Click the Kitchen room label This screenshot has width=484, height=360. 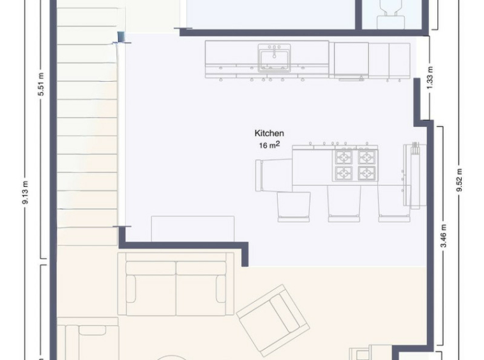(x=269, y=133)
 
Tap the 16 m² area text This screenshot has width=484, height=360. (x=269, y=145)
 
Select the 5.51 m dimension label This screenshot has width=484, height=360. (x=41, y=84)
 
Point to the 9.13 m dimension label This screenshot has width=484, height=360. (x=26, y=192)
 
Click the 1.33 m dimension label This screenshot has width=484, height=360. (x=430, y=77)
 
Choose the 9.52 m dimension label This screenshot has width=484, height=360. (x=460, y=180)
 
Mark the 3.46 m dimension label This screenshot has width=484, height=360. (x=444, y=236)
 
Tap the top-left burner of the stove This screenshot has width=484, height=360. (x=344, y=158)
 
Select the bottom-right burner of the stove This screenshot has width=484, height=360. (x=367, y=173)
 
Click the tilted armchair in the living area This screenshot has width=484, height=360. (x=273, y=320)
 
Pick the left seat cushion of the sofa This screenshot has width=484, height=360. (x=151, y=289)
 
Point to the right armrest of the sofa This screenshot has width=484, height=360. (x=221, y=289)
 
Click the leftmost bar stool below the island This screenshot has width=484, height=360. (x=294, y=207)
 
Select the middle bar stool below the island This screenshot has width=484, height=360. (x=344, y=204)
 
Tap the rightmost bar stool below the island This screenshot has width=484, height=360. (x=394, y=204)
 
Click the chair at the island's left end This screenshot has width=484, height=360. (x=273, y=176)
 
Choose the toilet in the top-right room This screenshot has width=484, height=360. (x=391, y=14)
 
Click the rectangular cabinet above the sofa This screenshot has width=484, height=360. (x=193, y=229)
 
